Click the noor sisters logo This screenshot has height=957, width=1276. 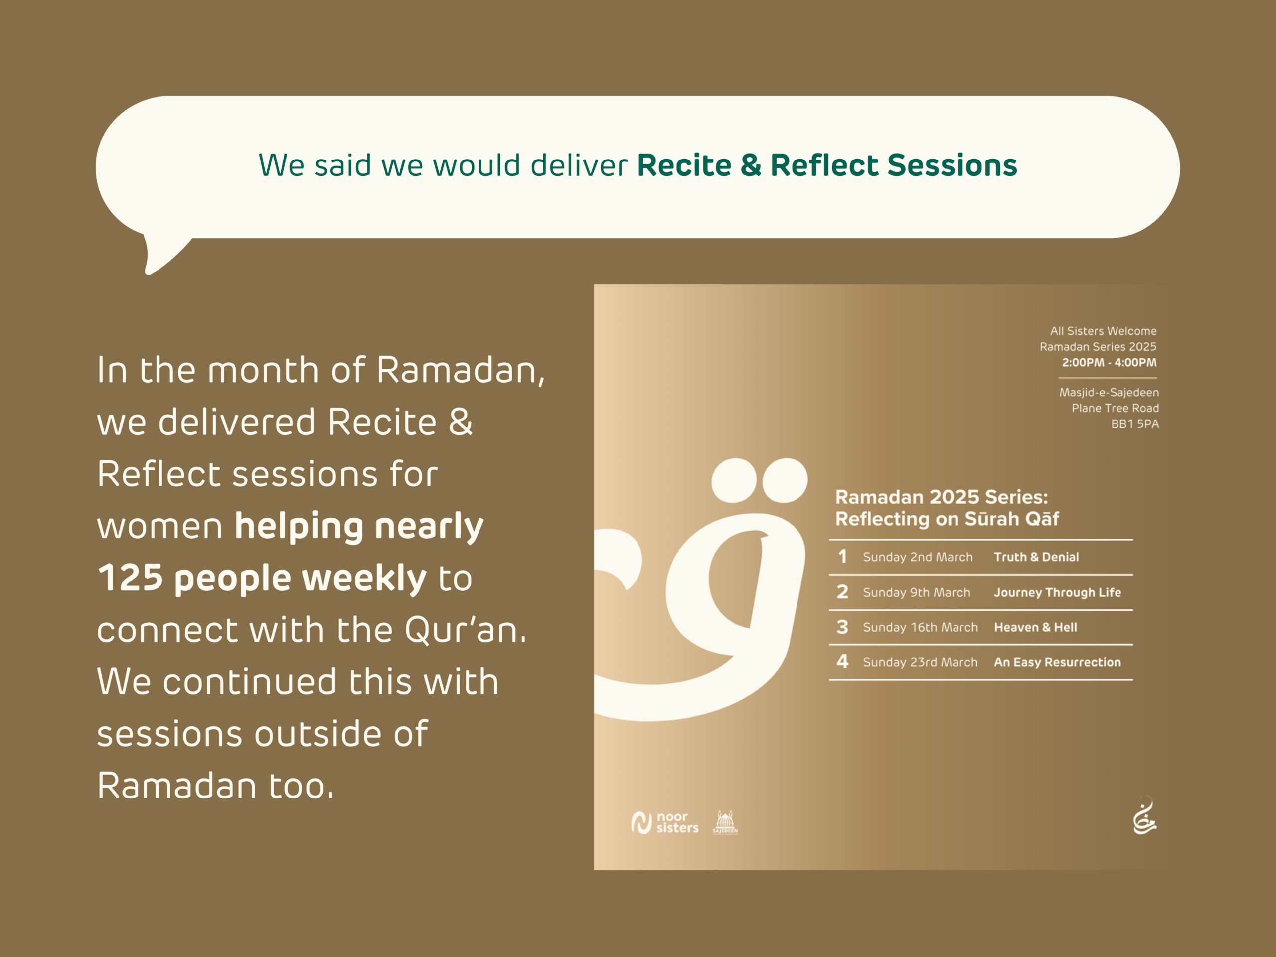[664, 822]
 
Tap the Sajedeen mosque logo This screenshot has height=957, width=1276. [725, 822]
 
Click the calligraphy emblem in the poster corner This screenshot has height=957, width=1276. [1144, 815]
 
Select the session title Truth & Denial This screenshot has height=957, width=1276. [1036, 557]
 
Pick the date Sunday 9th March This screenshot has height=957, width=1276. [917, 593]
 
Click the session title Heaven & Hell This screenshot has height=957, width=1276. [1035, 627]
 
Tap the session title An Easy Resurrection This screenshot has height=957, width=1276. [1057, 662]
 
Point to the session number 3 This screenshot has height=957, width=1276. [842, 627]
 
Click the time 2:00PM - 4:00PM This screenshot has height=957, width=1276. [1110, 363]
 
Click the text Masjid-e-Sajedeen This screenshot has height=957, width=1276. [1109, 393]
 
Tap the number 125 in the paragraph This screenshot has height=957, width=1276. [131, 578]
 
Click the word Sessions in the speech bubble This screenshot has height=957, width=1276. [953, 165]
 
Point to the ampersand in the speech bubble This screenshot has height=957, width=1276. [751, 165]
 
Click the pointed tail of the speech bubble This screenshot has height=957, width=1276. [148, 272]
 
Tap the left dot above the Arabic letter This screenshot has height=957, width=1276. [734, 480]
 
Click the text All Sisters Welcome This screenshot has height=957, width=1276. [1104, 331]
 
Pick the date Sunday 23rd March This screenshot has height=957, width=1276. [920, 662]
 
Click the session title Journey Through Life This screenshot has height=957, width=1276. [1057, 593]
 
